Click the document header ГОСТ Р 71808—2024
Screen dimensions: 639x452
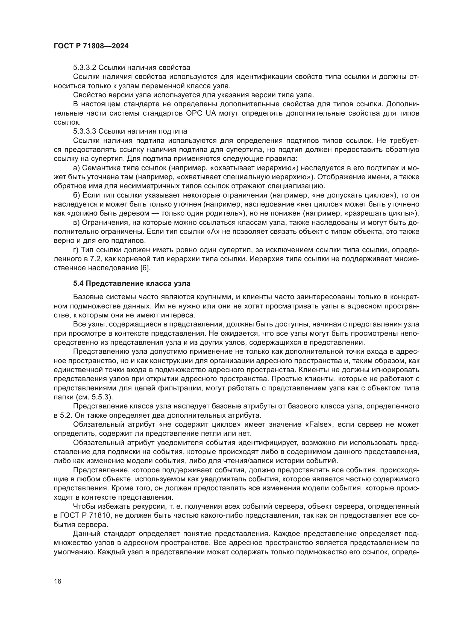click(x=91, y=46)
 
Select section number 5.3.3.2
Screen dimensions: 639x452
click(x=85, y=68)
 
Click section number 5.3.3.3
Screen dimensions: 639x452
click(x=85, y=131)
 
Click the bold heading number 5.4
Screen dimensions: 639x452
click(x=78, y=284)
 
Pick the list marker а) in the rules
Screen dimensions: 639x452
click(x=76, y=168)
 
